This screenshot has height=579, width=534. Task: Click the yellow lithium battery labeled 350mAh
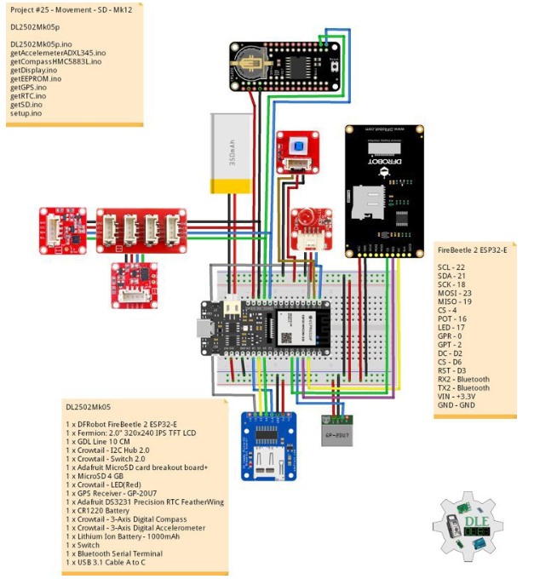[x=234, y=154]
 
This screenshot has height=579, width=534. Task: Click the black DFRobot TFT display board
[x=384, y=191]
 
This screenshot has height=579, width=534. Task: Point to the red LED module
[x=307, y=226]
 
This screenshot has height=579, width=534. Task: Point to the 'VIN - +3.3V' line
[x=463, y=396]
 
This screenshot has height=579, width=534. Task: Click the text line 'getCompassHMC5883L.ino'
[x=58, y=60]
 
